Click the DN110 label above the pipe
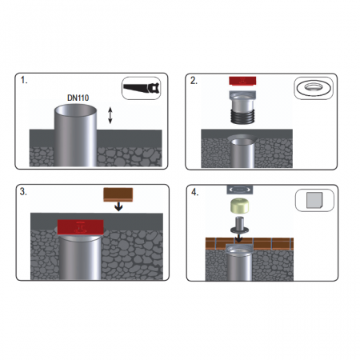tap(78, 98)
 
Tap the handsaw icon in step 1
tap(141, 88)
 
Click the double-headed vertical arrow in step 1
tap(110, 115)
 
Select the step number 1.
tap(24, 80)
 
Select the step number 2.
tap(194, 81)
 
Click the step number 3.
tap(23, 191)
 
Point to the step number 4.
tap(195, 192)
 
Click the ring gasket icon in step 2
tap(314, 88)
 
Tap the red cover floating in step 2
tap(242, 81)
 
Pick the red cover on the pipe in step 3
tap(80, 227)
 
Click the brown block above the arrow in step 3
tap(118, 195)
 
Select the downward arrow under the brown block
tap(118, 206)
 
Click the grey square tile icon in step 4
tap(314, 200)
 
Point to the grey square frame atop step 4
tap(240, 190)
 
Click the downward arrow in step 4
tap(238, 238)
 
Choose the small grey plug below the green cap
tap(240, 226)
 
